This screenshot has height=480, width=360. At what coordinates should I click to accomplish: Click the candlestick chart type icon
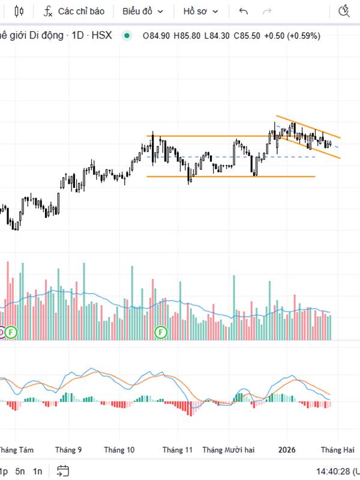coord(19,11)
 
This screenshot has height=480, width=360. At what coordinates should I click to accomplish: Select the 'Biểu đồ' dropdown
coord(142,11)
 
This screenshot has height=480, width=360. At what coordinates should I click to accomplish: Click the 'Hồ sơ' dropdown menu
coord(201,11)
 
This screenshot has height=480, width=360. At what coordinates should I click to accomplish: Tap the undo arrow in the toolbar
coord(243,11)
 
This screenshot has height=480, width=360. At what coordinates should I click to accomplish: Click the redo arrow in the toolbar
coord(267,11)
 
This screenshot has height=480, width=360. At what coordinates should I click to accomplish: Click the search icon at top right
coord(344,11)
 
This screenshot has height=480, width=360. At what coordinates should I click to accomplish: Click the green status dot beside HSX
coord(126,35)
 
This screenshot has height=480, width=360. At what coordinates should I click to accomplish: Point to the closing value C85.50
coord(247,35)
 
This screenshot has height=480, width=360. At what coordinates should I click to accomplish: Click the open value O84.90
coord(156,35)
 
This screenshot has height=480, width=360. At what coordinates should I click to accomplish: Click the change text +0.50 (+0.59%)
coord(293,35)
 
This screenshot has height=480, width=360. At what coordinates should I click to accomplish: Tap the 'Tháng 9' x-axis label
coord(68,449)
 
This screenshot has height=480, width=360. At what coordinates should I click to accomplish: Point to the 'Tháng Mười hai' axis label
coord(229,449)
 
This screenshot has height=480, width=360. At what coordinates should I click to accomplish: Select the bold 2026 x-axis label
coord(287,449)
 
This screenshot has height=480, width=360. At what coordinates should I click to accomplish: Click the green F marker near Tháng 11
coord(161,332)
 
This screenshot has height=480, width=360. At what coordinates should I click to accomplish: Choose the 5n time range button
coord(20,471)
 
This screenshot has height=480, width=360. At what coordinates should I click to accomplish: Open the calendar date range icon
coord(63,471)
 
